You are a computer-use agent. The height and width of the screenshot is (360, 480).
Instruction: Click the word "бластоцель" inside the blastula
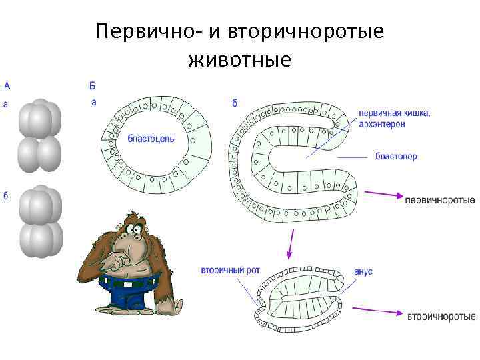[151, 139]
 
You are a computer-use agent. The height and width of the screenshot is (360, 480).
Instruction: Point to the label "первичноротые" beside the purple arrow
[440, 199]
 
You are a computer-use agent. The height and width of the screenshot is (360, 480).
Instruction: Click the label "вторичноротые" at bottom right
[441, 315]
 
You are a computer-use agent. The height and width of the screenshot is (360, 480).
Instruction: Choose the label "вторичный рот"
[230, 271]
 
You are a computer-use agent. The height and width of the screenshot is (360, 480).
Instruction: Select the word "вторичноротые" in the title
[306, 32]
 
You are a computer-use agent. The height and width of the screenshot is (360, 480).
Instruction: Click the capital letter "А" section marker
[7, 85]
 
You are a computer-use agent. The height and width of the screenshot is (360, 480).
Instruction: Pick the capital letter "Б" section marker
[93, 85]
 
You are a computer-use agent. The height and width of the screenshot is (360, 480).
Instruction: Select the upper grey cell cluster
[40, 129]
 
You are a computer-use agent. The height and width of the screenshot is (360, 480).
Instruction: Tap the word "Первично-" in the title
[137, 32]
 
